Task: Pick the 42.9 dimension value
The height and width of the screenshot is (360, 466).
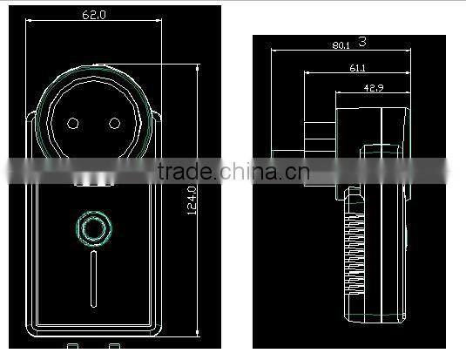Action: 375,88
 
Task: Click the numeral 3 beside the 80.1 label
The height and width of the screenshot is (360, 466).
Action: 361,41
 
